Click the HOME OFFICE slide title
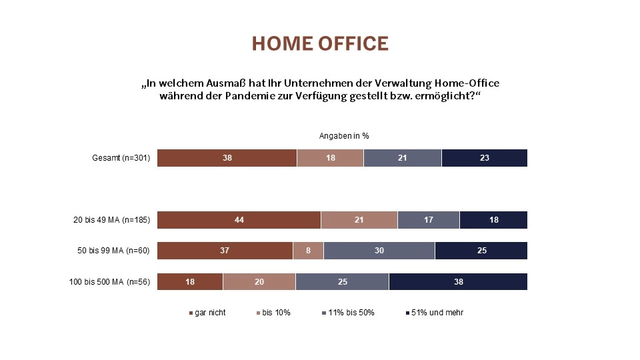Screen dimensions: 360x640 (x=320, y=43)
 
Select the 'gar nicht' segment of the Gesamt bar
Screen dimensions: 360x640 (x=227, y=158)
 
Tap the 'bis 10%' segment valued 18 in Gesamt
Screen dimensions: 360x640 (x=330, y=158)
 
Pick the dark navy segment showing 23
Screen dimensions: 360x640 (x=485, y=158)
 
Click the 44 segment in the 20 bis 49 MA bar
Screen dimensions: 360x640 (x=239, y=220)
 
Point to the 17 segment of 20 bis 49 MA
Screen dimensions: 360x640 (x=428, y=220)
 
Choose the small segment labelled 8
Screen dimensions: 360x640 (x=308, y=251)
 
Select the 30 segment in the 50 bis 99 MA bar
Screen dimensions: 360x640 (x=379, y=251)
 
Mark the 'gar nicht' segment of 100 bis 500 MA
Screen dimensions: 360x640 (x=190, y=282)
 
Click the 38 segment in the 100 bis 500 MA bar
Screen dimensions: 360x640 (x=458, y=282)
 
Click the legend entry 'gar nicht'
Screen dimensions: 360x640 (x=209, y=313)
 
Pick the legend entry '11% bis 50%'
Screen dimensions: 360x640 (x=351, y=313)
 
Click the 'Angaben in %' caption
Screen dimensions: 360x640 (x=344, y=135)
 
